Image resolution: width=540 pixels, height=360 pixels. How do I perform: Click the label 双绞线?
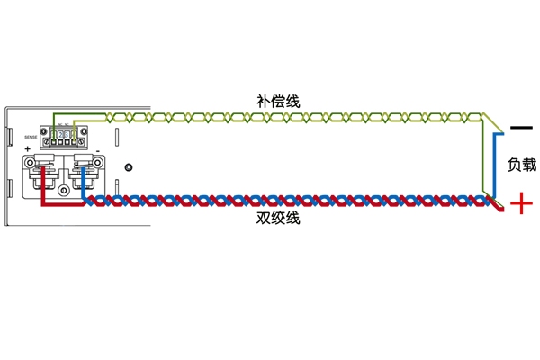276,220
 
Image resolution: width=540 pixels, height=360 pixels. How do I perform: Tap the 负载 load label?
522,165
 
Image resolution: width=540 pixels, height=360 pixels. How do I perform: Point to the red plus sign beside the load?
521,205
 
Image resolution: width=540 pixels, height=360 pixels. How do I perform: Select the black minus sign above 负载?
520,127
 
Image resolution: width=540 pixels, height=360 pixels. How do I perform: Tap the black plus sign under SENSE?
28,149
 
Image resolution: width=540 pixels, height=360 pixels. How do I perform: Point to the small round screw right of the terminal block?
130,167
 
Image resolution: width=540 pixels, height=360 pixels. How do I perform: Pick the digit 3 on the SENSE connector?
66,134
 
